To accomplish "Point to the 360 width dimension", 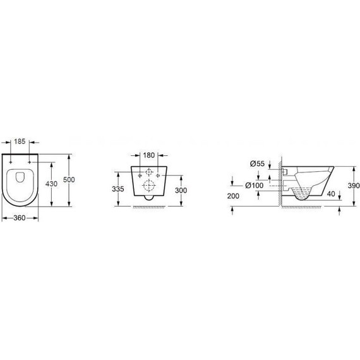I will click(20, 218).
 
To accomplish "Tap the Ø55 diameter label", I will click(256, 164).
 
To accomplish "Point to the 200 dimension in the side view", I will click(234, 196).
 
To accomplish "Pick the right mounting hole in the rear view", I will click(157, 174).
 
